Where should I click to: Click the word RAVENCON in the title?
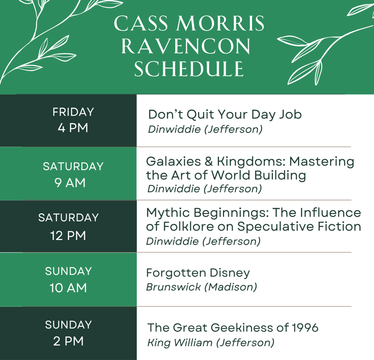[x=185, y=47]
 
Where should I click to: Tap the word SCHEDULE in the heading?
[x=189, y=69]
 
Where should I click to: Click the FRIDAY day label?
[x=73, y=112]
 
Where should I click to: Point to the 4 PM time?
[x=73, y=128]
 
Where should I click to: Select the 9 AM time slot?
[x=70, y=183]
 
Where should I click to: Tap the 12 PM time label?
[x=68, y=236]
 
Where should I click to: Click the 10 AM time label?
[x=68, y=288]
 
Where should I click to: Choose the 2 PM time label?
[x=68, y=341]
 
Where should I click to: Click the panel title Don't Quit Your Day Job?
[x=225, y=114]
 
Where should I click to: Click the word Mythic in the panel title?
[x=167, y=213]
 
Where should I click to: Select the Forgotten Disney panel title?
[x=198, y=273]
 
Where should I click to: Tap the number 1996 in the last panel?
[x=305, y=328]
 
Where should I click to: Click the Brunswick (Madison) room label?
[x=201, y=287]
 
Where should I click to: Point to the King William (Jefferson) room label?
[x=210, y=343]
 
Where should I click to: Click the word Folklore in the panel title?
[x=192, y=227]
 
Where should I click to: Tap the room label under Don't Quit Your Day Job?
[x=205, y=129]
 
